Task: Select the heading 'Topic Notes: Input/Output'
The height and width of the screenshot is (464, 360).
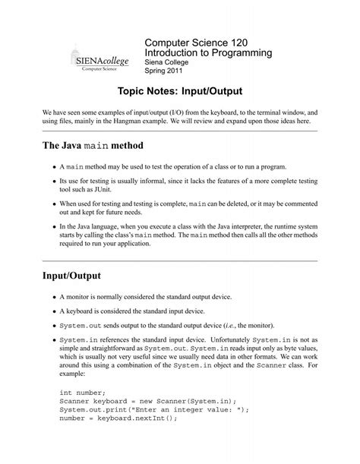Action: pos(179,92)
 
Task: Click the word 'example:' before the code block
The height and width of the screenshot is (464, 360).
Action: pos(74,374)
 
